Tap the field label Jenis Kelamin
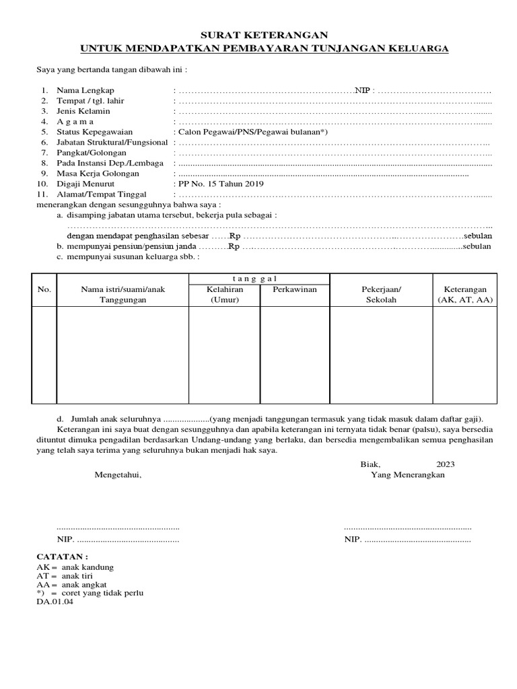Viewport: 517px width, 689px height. (x=83, y=111)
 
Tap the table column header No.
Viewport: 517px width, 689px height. (x=44, y=289)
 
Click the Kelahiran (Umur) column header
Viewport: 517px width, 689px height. (x=224, y=295)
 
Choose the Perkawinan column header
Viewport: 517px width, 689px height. (x=295, y=289)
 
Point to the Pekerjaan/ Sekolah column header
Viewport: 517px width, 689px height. (x=381, y=295)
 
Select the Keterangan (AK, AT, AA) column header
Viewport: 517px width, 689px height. (x=465, y=295)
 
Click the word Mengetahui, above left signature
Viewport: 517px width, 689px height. (x=118, y=474)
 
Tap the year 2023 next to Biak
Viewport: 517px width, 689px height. (x=446, y=464)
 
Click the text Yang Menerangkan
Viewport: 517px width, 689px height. (x=408, y=474)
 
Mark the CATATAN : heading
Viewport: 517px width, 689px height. (x=62, y=558)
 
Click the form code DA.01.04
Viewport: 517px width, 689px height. (x=55, y=602)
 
